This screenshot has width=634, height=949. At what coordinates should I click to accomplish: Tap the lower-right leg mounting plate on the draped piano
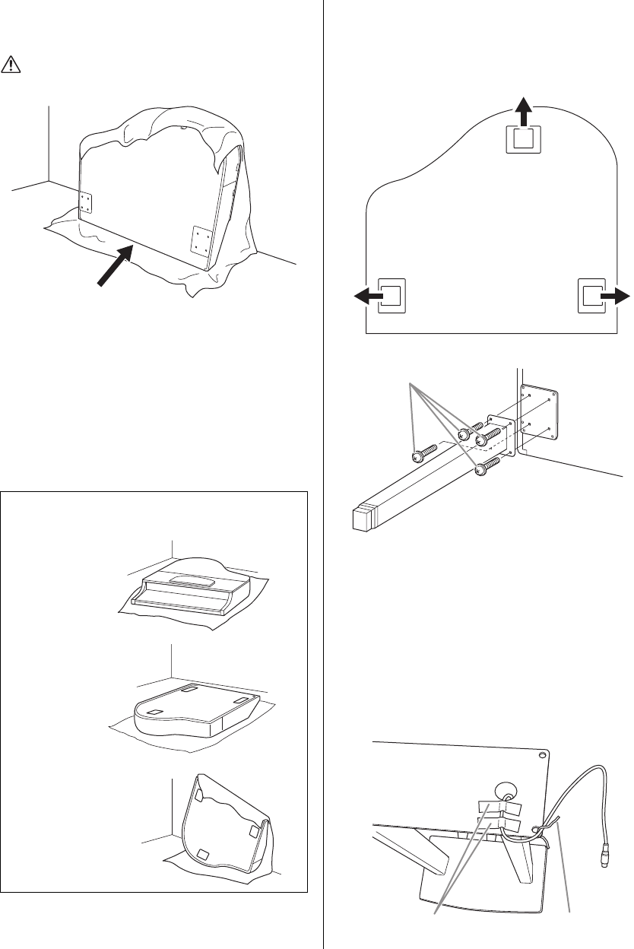coord(201,241)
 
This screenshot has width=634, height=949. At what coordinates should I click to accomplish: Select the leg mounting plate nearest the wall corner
coord(85,202)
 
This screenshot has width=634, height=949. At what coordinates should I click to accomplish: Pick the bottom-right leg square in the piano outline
coord(592,296)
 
